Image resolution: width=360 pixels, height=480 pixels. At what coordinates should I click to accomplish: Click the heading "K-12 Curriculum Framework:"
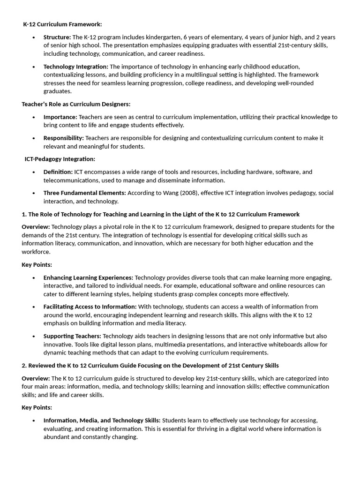pos(63,24)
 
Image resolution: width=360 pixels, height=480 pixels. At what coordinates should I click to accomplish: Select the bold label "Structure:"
pos(57,37)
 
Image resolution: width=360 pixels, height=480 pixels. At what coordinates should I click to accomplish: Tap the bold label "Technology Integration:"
pos(76,67)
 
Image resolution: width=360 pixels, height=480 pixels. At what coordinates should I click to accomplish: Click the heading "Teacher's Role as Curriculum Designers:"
pos(76,104)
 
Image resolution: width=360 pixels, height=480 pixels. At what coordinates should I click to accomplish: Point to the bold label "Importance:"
pos(60,117)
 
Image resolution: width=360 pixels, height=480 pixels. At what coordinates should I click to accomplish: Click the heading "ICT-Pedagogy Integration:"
pos(60,159)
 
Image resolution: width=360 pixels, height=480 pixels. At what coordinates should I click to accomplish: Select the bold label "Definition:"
pos(58,172)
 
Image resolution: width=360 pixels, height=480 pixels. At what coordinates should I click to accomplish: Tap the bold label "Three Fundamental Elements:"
pos(85,193)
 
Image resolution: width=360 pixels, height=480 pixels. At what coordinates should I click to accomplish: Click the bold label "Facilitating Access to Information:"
pos(90,307)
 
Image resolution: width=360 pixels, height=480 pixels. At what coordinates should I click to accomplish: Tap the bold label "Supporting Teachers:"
pos(72,336)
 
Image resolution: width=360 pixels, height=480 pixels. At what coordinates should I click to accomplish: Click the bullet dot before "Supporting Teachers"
pos(34,336)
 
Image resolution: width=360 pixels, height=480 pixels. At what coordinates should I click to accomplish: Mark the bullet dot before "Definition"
pos(34,172)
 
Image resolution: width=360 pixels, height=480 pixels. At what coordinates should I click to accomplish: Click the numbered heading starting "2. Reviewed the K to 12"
pos(150,365)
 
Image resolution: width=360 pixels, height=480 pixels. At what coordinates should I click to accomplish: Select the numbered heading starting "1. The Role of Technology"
pos(161,214)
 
